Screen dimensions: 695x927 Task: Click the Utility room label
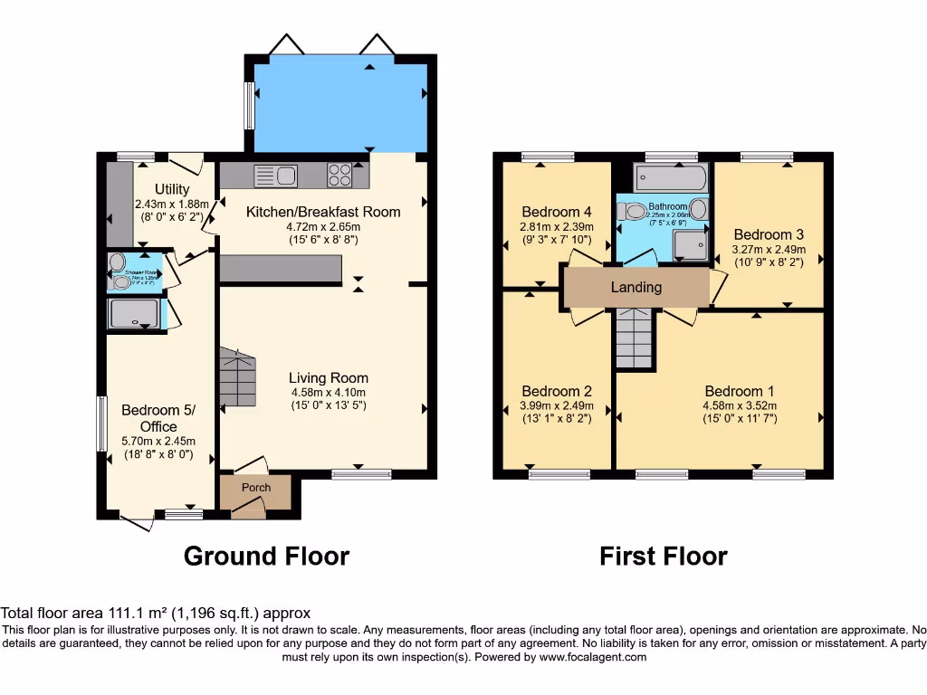coord(172,189)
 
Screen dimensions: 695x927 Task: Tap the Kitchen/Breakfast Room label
coord(323,212)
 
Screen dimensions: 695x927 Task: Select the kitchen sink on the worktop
coord(276,174)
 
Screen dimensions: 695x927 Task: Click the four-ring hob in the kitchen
coord(340,174)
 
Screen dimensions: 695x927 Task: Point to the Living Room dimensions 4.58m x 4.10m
coord(329,393)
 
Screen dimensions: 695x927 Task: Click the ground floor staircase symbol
coord(238,372)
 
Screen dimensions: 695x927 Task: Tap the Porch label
coord(255,488)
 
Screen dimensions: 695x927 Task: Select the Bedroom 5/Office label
coord(158,418)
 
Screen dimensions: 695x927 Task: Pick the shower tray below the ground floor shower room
coord(134,314)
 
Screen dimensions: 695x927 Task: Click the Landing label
coord(636,288)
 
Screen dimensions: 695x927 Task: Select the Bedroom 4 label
coord(556,212)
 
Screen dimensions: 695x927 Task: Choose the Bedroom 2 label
coord(557,391)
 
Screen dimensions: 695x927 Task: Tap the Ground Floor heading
coord(266,556)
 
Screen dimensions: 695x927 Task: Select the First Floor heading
coord(663,556)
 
